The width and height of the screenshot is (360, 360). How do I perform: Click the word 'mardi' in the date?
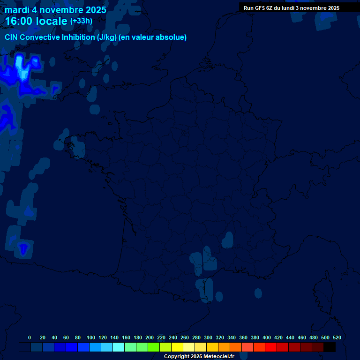coord(16,10)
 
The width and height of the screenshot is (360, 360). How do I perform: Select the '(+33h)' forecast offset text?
coord(81,21)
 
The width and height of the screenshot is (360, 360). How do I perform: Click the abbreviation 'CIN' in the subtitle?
coord(11,37)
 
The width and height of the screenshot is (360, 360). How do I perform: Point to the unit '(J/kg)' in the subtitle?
coord(106,37)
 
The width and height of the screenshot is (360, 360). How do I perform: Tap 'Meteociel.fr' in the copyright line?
coord(219,357)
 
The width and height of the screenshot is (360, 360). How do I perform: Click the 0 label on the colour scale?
coord(30,337)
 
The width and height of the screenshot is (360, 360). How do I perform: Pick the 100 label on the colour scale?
coord(91,337)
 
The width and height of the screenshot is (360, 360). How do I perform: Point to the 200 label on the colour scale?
coord(150,337)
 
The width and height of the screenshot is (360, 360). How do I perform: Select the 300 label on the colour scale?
coord(208,337)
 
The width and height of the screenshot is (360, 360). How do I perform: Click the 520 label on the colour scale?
coord(337,337)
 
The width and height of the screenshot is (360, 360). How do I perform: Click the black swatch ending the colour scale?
coord(330,347)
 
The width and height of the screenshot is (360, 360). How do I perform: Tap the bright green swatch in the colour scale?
coord(154,347)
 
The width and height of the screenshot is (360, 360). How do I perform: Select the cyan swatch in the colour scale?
coord(119,347)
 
